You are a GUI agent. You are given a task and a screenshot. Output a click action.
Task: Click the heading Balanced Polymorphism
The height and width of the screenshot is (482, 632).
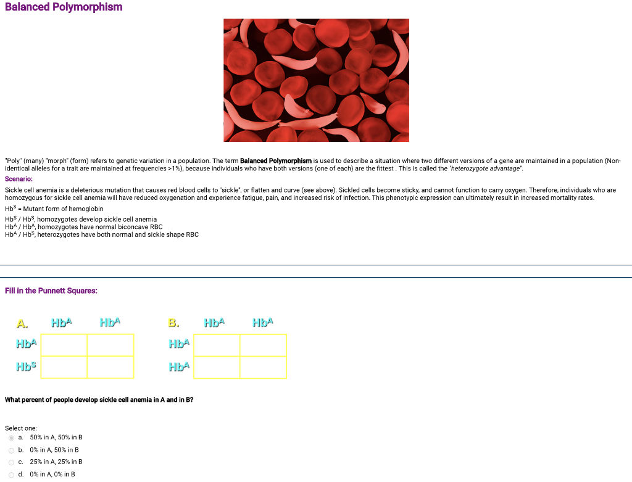coord(64,7)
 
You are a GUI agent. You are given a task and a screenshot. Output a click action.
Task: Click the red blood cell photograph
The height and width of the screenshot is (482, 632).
coord(316,80)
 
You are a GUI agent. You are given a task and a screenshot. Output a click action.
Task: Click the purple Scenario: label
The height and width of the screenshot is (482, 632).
coord(20,178)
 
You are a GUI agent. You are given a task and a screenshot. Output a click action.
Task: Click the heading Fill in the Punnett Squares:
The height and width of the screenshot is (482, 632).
coord(51,291)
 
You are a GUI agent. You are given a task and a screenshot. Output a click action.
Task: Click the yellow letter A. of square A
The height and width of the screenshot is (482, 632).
coord(22,323)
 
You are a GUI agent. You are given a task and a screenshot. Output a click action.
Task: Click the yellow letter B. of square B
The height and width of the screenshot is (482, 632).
coord(174,323)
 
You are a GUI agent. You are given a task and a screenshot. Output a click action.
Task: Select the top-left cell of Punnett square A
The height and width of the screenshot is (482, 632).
coord(64,346)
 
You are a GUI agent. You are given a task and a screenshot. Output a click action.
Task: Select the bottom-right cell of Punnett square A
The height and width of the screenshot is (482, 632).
coord(110,367)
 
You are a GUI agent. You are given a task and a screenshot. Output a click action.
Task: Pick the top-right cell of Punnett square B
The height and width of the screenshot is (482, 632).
coord(263,346)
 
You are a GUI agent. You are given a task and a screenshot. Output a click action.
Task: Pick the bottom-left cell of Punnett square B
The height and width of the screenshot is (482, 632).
coord(217,367)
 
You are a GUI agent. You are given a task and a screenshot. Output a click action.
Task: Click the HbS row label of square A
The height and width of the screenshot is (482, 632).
coord(27,367)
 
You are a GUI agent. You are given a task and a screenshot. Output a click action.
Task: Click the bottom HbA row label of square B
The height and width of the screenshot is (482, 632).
coord(179,367)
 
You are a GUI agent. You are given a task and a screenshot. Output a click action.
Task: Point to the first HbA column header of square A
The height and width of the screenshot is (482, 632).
coord(62,322)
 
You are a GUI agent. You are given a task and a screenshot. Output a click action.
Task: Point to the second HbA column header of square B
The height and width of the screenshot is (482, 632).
coord(262,322)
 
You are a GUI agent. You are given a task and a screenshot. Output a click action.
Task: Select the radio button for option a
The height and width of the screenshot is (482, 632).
coord(11,438)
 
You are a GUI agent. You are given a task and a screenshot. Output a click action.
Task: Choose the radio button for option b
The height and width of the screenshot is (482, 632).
coord(11,450)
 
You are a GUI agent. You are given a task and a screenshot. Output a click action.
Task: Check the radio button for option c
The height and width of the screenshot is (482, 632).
coord(11,462)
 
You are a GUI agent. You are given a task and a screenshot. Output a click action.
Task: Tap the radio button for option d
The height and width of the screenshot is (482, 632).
coord(11,475)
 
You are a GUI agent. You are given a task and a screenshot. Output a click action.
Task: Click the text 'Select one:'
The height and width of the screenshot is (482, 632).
coord(21,428)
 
